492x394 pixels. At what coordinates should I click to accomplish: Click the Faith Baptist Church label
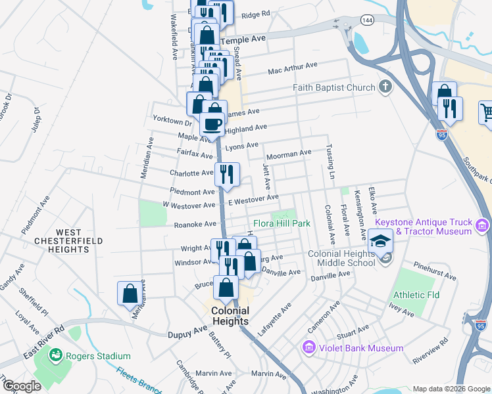[x=334, y=87]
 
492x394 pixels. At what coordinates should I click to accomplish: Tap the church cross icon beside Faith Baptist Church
[x=385, y=87]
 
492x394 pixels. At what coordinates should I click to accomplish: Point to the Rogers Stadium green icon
[x=56, y=356]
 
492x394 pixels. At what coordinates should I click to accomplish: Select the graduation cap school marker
[x=381, y=241]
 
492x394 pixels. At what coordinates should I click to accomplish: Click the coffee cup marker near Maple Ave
[x=212, y=123]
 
